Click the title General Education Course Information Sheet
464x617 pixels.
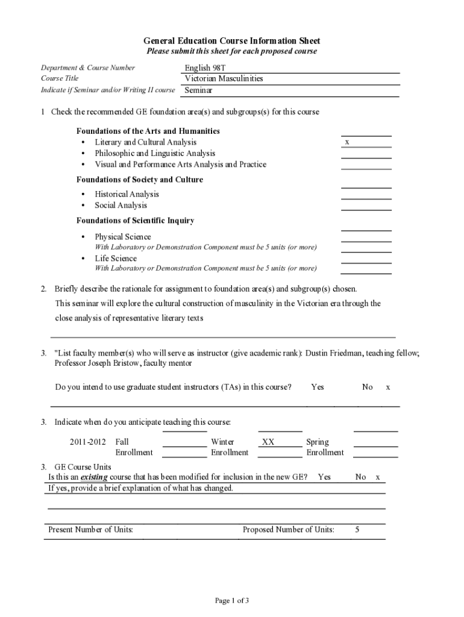click(232, 41)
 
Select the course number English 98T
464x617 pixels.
click(205, 67)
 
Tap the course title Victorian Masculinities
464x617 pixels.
click(224, 78)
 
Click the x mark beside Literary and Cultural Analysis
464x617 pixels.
click(347, 142)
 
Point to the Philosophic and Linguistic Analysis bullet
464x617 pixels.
click(155, 154)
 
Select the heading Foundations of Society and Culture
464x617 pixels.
click(139, 180)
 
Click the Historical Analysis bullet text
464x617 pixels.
click(127, 194)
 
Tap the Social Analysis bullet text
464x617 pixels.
click(121, 205)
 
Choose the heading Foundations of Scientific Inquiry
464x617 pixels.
click(135, 221)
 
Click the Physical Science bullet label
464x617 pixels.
click(123, 237)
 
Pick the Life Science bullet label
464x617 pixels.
click(116, 258)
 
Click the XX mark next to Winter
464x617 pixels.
click(268, 442)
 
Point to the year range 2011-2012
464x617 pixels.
click(87, 442)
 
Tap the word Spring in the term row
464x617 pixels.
click(318, 442)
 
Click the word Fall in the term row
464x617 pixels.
click(122, 442)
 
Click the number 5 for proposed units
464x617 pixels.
click(357, 530)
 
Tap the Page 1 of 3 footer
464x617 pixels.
click(232, 600)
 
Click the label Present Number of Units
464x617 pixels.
click(90, 530)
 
